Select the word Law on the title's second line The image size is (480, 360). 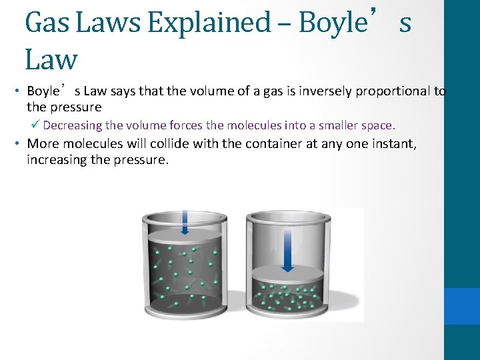tap(51, 60)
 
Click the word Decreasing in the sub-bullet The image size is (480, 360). tap(73, 125)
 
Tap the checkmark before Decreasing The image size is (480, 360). tap(35, 125)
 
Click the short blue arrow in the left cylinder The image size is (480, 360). tap(185, 224)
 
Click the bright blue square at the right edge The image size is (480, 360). tap(462, 306)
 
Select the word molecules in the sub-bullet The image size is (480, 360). tap(251, 125)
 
